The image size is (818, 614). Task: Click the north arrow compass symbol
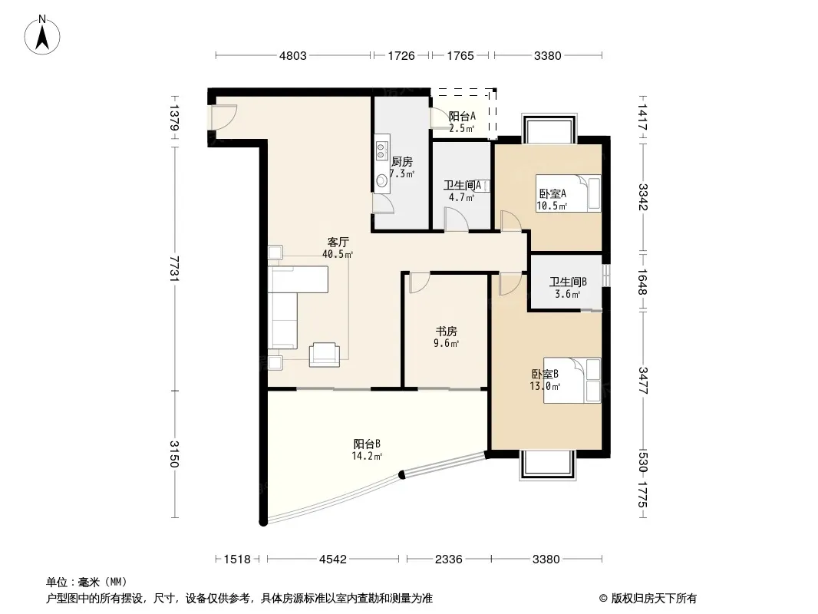point(42,35)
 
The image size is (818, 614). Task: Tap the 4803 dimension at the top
point(292,56)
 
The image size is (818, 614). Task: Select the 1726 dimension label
point(401,56)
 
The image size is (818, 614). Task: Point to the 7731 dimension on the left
point(174,268)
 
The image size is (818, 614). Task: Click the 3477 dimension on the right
point(643,381)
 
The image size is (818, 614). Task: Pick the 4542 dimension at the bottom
point(333,560)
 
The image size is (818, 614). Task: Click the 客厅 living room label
point(338,242)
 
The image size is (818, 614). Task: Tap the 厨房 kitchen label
point(401,162)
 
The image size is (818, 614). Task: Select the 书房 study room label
point(447,332)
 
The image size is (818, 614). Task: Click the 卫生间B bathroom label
point(568,282)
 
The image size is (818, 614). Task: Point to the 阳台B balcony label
point(367,444)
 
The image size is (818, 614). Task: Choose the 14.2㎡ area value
point(367,456)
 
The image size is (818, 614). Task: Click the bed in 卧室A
point(569,193)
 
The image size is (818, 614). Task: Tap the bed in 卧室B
point(572,380)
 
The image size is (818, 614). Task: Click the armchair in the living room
point(324,355)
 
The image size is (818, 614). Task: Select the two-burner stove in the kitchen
point(382,149)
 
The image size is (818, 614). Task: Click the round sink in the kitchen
point(382,180)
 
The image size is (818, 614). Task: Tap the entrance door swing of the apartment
point(224,117)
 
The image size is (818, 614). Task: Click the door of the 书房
point(419,282)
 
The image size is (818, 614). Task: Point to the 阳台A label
point(462,116)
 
